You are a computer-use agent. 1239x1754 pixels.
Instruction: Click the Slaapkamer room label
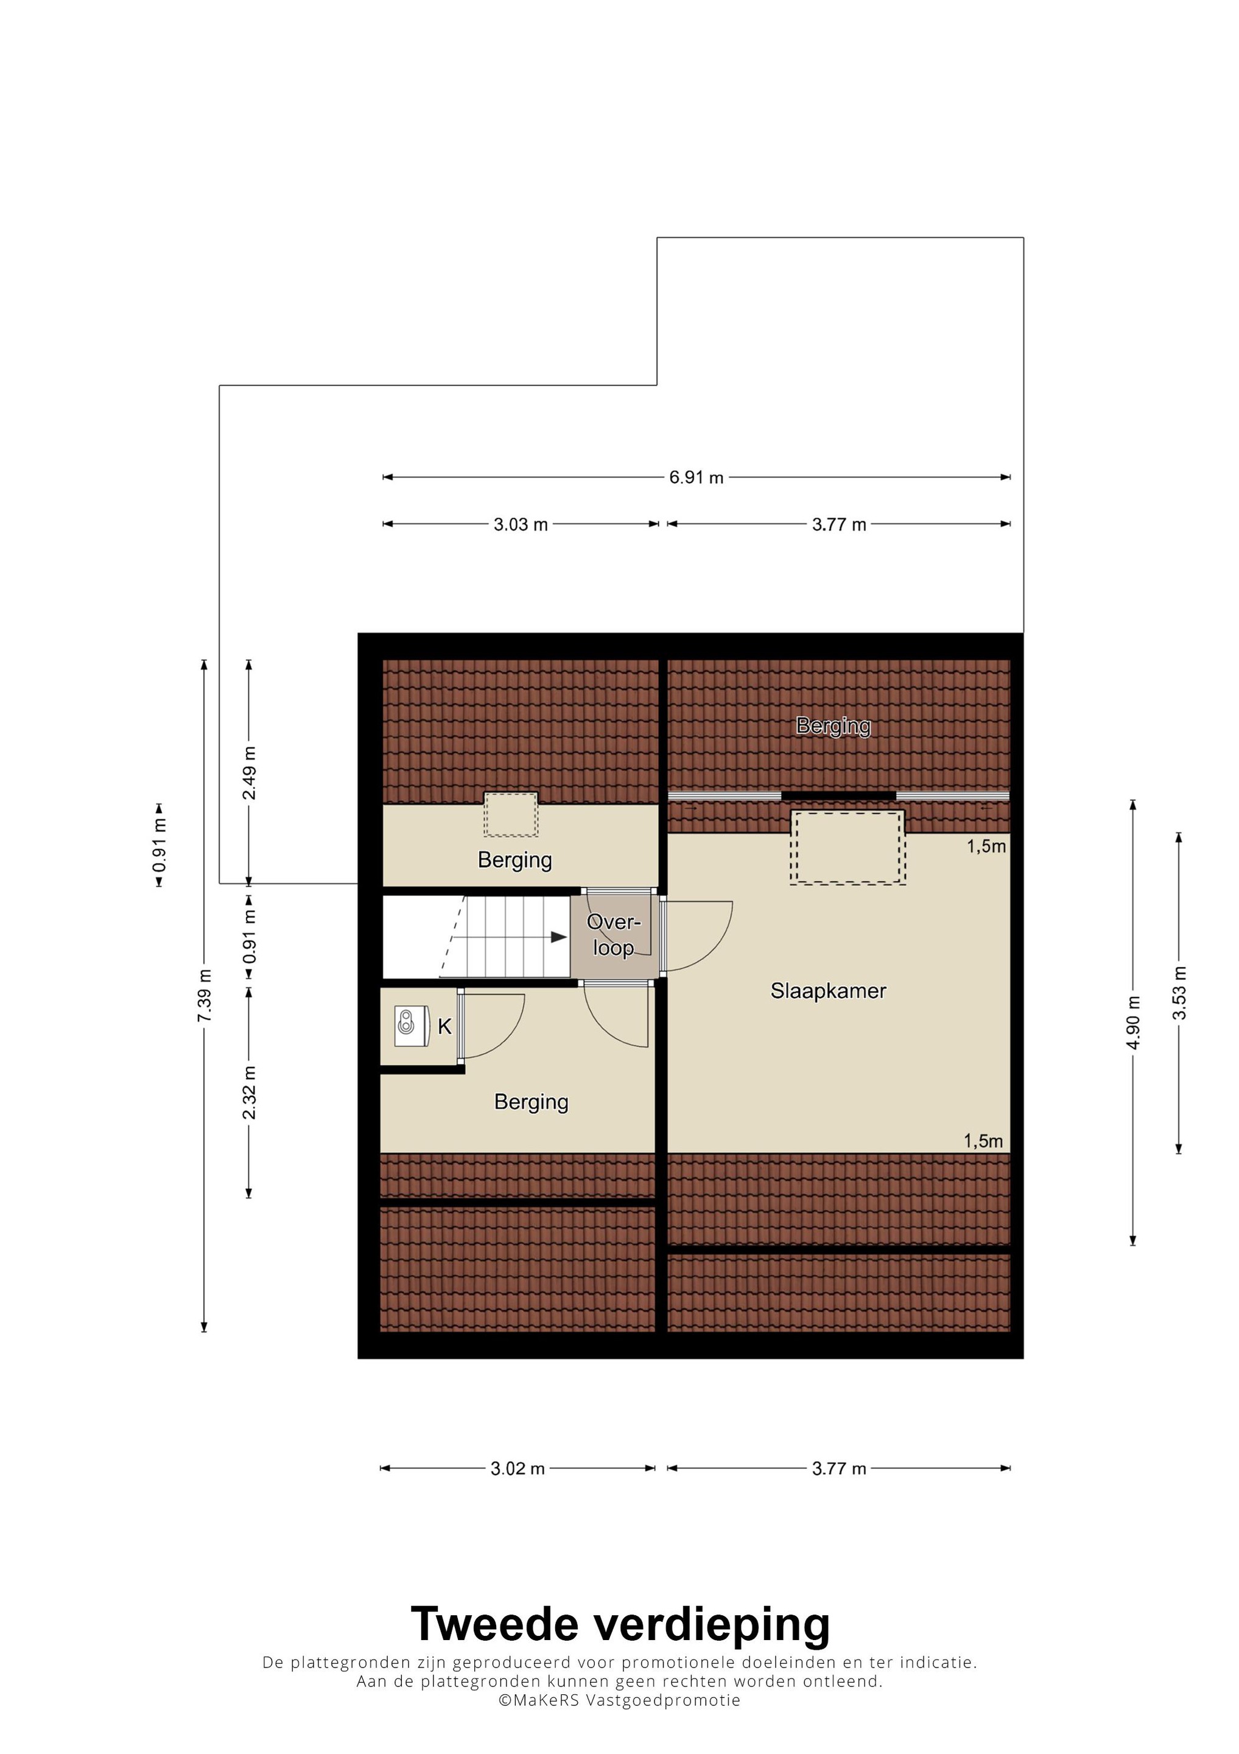(828, 991)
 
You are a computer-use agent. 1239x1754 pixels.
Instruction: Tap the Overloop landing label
(613, 934)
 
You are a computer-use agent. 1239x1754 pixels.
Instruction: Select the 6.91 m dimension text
(696, 477)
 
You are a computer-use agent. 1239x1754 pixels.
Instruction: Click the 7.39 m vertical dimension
(204, 995)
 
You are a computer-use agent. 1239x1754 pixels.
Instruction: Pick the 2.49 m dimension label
(249, 772)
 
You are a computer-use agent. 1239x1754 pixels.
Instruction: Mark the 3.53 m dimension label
(1179, 993)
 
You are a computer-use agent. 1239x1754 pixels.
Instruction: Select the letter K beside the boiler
(444, 1027)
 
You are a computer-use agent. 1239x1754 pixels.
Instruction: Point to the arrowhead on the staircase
(559, 937)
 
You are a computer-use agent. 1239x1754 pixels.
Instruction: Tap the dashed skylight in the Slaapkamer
(848, 847)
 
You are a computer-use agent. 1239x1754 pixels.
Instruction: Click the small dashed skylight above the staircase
(511, 814)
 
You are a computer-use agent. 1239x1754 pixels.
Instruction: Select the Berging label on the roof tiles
(834, 726)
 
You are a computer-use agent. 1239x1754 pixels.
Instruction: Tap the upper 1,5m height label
(986, 846)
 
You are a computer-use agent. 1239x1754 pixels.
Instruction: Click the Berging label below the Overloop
(531, 1102)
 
